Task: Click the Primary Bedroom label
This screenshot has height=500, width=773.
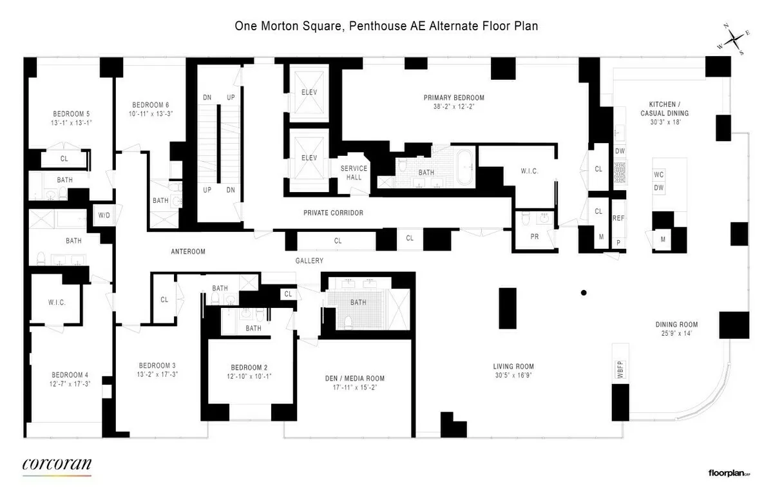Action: coord(453,98)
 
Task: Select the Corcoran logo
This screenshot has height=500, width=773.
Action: coord(57,465)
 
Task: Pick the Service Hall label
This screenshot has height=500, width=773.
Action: coord(354,173)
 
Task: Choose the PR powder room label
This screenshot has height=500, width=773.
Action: coord(535,236)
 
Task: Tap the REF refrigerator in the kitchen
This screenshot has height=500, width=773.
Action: coord(618,218)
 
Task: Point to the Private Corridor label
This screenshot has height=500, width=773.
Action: coord(334,213)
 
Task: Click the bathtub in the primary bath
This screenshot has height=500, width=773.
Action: coord(464,171)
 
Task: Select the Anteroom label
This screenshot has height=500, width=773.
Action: coord(188,252)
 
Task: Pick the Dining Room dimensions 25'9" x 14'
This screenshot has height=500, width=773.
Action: coord(676,334)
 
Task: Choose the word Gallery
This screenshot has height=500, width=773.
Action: coord(309,261)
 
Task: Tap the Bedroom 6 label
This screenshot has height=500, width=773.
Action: coord(151,105)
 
